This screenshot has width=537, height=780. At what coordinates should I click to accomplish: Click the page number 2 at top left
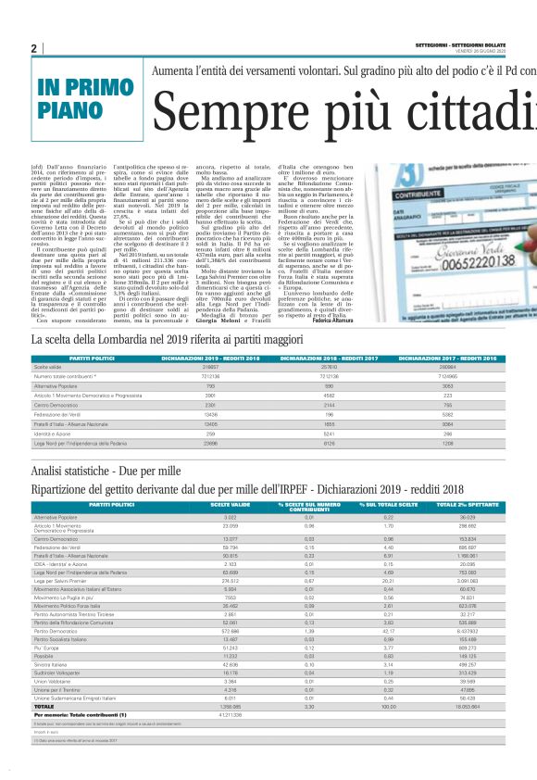pyautogui.click(x=34, y=48)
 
